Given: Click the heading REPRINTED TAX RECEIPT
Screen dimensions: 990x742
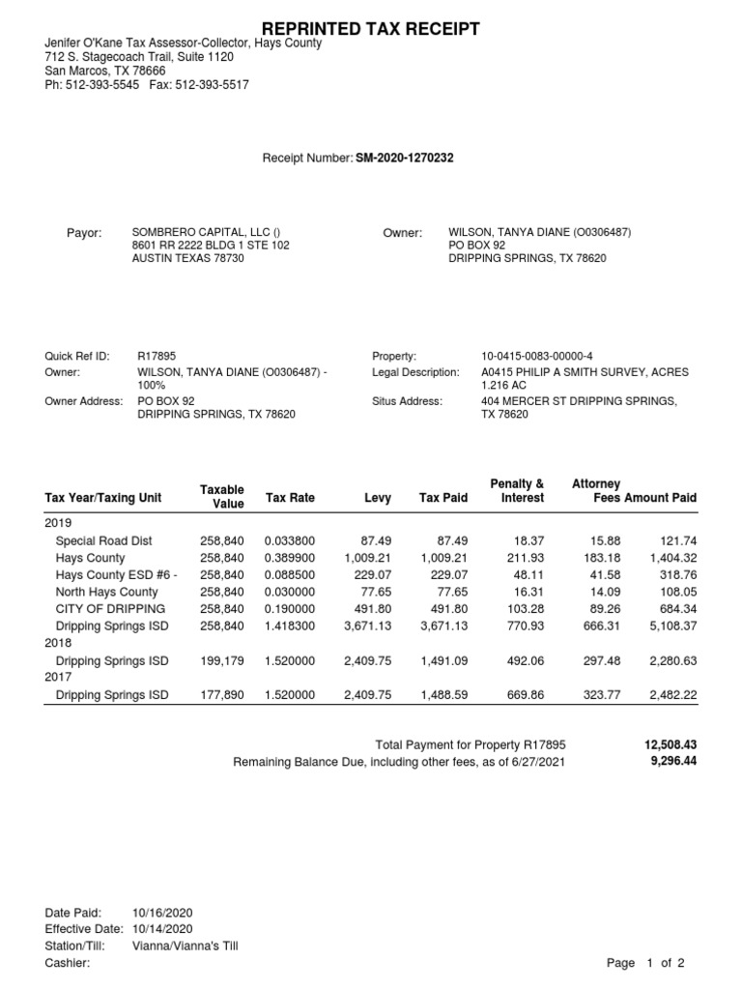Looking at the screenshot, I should pos(371,29).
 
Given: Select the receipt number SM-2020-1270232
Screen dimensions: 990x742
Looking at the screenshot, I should pos(391,159).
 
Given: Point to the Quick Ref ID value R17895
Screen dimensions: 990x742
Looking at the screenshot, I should pos(157,357).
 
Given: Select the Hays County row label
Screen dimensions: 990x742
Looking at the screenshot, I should pos(90,559).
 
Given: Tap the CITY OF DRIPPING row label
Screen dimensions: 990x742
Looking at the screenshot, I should pos(110,609).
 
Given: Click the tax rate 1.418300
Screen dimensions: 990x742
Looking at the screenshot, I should pos(289,626).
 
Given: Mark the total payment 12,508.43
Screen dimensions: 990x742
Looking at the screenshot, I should pos(670,745).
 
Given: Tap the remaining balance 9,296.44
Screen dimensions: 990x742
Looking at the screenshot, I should pos(673,762).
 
